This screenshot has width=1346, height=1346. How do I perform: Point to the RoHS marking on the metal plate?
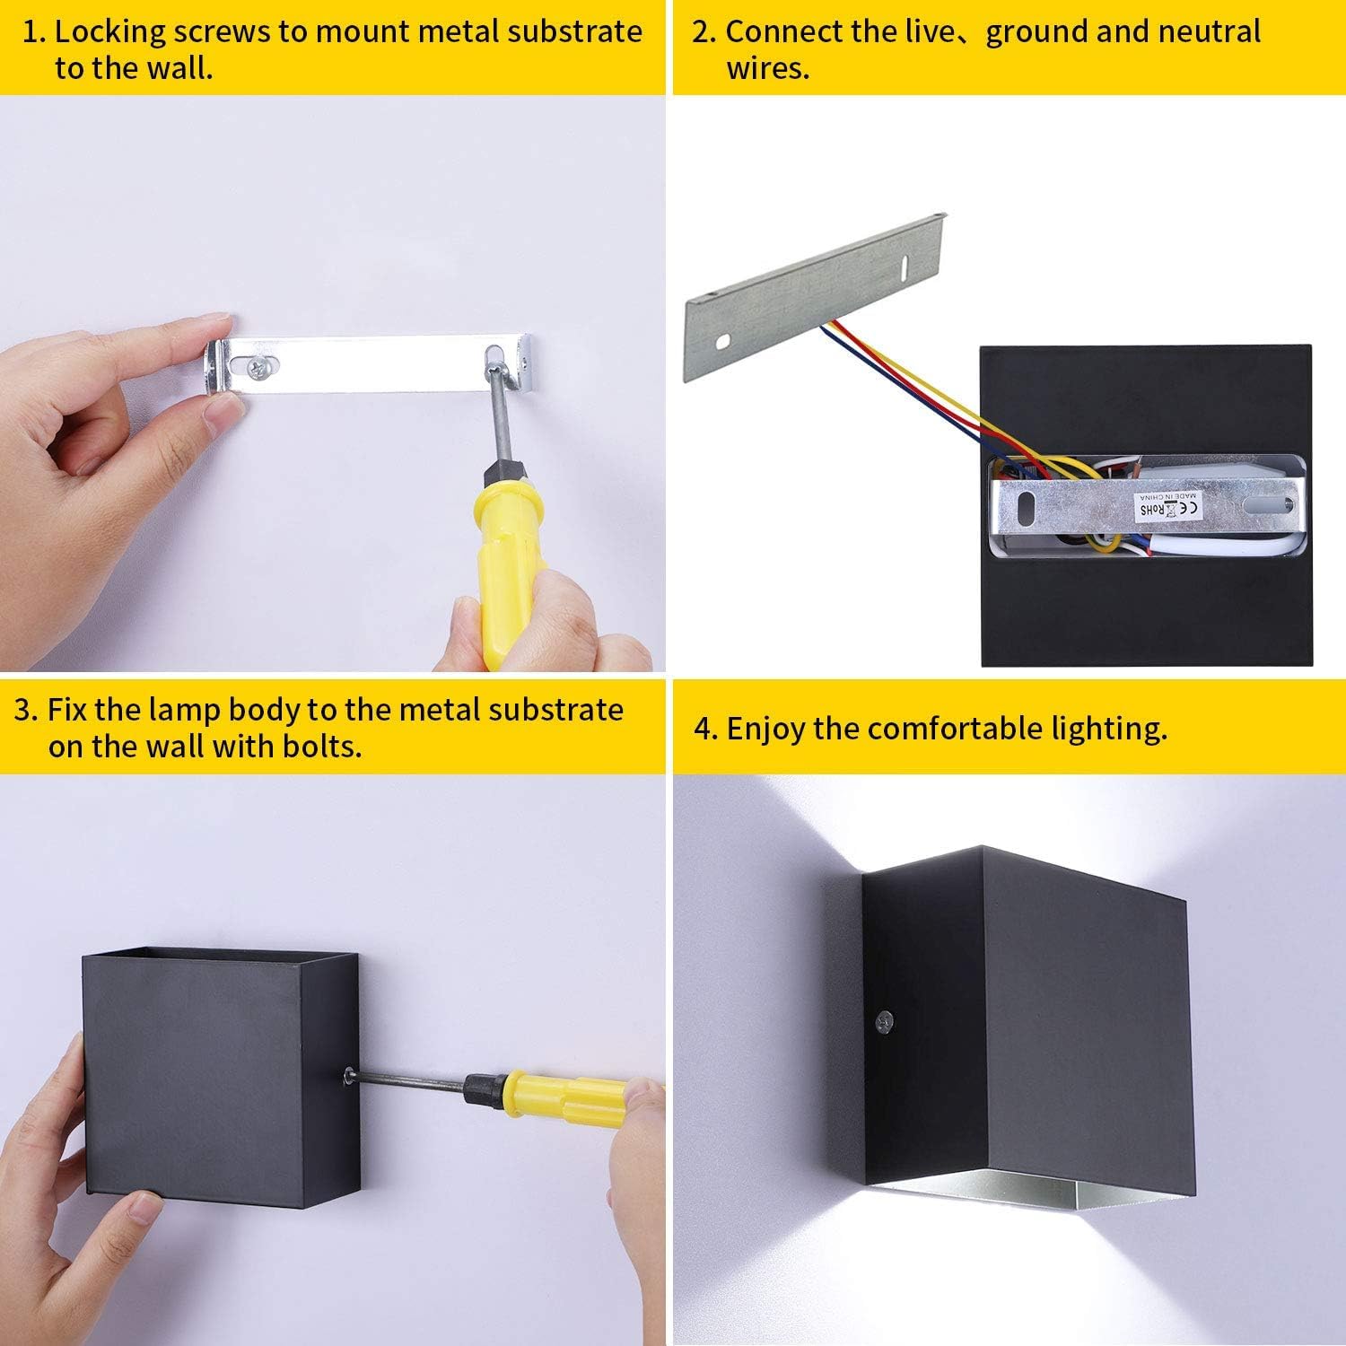click(x=1151, y=510)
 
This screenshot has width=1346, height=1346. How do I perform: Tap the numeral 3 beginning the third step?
click(x=24, y=711)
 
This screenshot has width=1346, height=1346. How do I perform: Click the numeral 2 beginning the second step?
click(x=702, y=32)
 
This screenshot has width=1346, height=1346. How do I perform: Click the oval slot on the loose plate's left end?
click(x=722, y=342)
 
